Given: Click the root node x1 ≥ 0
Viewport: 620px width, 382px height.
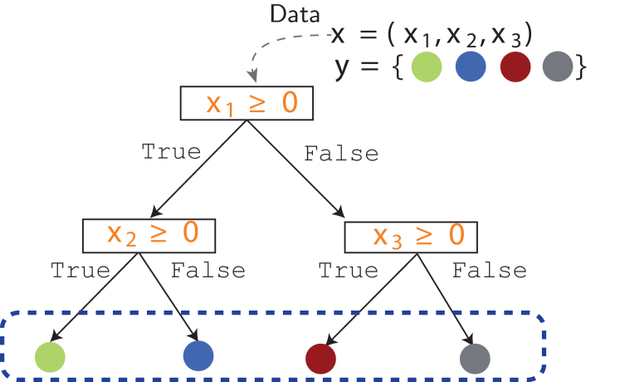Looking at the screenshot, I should coord(246,104).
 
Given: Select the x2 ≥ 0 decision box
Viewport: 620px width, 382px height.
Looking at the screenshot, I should coord(149,235).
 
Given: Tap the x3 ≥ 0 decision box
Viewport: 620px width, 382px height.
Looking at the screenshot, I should coord(412,237).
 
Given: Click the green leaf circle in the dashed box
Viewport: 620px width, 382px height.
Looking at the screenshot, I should coord(50,356).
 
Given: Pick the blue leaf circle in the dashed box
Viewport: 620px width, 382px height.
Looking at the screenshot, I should coord(198,354).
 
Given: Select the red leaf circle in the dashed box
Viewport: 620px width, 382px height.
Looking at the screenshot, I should coord(320,358).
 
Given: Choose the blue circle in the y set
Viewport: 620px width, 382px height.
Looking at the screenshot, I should coord(471,67).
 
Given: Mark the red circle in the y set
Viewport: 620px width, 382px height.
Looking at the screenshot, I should coord(515,67).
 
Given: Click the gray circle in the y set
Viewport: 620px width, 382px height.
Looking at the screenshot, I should coord(557,67).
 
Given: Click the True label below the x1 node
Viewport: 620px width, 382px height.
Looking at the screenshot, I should coord(172,152).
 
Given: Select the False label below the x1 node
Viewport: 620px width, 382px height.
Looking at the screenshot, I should coord(341,154).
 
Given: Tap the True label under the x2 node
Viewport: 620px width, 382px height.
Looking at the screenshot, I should coord(80,270).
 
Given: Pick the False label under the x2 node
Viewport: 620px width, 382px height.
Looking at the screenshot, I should coord(207,270).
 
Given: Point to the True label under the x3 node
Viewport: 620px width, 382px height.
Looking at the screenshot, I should coord(348,270).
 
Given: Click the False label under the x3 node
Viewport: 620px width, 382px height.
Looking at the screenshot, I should coord(489,270).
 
